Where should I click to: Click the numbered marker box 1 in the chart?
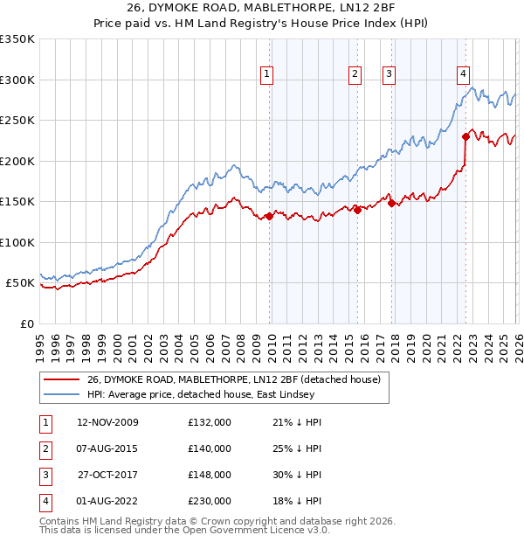[266, 74]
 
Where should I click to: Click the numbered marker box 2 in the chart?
[355, 74]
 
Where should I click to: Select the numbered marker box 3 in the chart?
[389, 74]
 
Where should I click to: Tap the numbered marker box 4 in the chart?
[464, 74]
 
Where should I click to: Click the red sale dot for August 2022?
[465, 136]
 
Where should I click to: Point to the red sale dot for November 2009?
[269, 217]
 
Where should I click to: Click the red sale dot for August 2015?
[357, 210]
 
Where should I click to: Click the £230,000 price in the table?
[210, 501]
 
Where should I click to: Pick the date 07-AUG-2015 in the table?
[108, 448]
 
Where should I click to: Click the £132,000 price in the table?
[210, 422]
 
